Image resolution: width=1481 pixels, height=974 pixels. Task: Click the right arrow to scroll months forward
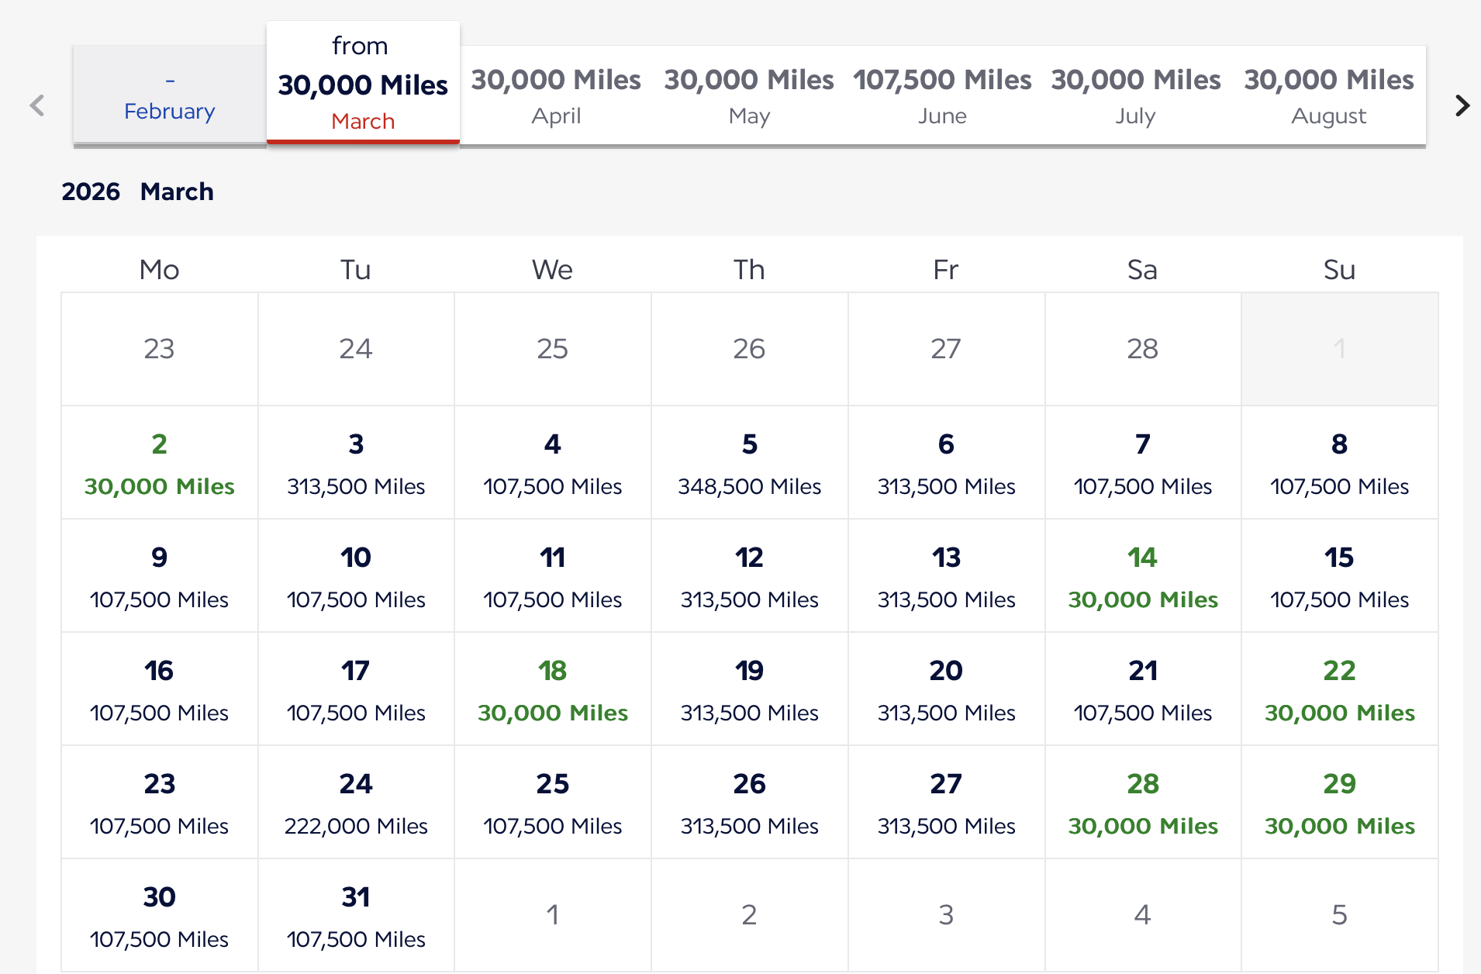tap(1462, 105)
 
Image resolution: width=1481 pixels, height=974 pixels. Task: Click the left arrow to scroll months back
tap(36, 105)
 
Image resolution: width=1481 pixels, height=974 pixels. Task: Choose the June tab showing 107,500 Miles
tap(942, 96)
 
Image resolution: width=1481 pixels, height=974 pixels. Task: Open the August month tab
tap(1328, 96)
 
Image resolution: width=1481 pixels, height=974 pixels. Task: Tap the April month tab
tap(556, 96)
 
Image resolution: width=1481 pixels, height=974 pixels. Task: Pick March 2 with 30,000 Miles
tap(160, 463)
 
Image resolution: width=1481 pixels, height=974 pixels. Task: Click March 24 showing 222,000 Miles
tap(356, 803)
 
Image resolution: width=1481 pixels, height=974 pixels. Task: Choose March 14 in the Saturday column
tap(1142, 576)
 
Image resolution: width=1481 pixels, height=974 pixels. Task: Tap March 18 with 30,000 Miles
tap(553, 689)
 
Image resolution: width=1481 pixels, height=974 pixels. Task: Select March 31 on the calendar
tap(356, 916)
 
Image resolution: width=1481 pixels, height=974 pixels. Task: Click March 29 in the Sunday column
tap(1339, 803)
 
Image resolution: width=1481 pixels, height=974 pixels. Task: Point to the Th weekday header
tap(749, 270)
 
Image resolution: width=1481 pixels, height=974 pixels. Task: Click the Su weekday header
tap(1339, 270)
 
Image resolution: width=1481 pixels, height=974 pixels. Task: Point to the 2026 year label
tap(91, 192)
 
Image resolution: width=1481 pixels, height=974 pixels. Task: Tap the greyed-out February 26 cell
tap(749, 349)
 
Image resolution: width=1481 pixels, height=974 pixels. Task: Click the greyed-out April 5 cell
tap(1339, 915)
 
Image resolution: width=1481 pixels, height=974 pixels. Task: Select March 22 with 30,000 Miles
tap(1339, 689)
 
